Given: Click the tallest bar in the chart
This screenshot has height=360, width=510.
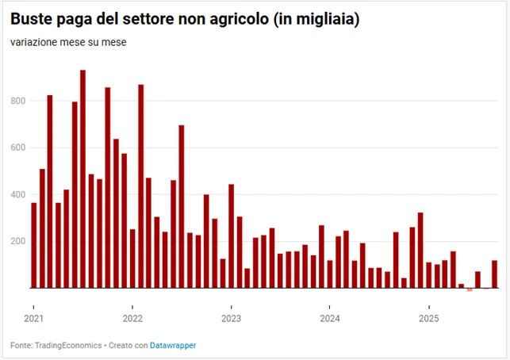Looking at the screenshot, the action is [83, 179].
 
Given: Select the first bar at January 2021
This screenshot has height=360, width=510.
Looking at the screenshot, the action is [34, 245].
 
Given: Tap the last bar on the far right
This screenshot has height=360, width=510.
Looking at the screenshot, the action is [494, 274].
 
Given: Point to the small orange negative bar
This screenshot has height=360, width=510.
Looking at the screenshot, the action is [470, 289].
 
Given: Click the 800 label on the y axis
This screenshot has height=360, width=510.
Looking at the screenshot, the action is [18, 101].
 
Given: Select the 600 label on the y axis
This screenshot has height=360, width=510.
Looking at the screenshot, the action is [18, 147].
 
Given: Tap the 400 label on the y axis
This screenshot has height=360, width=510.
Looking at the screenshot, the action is [18, 195].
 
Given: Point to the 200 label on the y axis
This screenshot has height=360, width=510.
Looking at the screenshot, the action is [18, 242].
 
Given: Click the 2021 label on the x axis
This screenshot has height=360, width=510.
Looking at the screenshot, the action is [34, 319].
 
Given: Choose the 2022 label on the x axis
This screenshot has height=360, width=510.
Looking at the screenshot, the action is [132, 319].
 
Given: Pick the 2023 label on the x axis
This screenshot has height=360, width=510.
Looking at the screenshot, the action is [232, 319].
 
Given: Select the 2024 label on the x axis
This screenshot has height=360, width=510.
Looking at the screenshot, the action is [330, 319].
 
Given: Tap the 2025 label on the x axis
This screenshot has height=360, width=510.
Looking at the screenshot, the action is [429, 319].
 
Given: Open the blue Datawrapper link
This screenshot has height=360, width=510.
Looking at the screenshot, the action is [173, 346].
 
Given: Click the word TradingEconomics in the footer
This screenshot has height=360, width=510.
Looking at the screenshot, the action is [68, 346].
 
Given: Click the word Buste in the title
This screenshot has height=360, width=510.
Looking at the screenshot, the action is [32, 19].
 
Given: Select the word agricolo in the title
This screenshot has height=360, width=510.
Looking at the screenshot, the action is [239, 20].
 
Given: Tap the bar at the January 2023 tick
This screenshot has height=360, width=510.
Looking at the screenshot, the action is [232, 236].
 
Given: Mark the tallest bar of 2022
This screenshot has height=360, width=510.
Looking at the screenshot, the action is [141, 186].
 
